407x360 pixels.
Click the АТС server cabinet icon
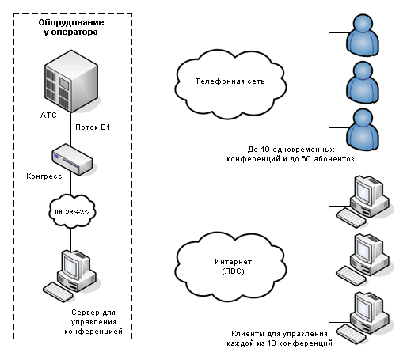click(71, 81)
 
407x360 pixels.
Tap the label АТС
click(48, 116)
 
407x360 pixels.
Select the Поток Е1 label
click(93, 127)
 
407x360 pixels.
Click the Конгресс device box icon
click(72, 159)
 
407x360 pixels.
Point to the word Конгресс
click(44, 176)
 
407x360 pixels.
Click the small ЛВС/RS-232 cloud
click(72, 211)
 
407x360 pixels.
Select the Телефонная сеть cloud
click(230, 83)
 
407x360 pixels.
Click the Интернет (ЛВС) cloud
click(230, 266)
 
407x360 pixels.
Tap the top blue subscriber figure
click(363, 35)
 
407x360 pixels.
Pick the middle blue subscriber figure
click(363, 82)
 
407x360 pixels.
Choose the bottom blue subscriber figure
click(363, 130)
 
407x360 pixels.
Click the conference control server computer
click(70, 276)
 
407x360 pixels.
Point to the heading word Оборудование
click(71, 22)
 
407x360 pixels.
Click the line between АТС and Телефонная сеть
click(137, 81)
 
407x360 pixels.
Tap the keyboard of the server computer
click(59, 292)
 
